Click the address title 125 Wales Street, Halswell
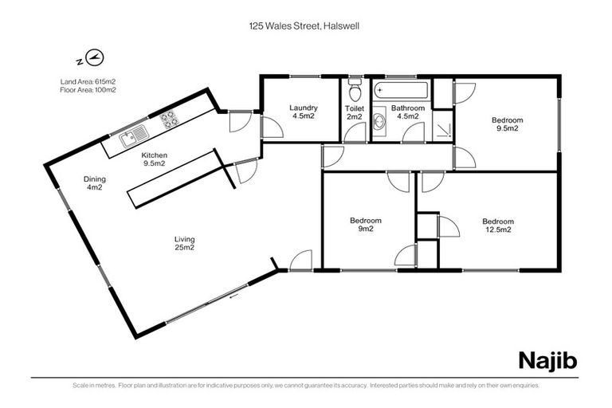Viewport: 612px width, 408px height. (305, 25)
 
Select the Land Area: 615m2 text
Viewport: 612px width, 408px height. (88, 80)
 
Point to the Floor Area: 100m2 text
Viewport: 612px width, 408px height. (88, 89)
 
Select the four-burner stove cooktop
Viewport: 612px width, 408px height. (169, 120)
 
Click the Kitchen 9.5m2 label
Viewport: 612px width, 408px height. (153, 159)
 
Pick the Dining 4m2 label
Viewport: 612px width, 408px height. (94, 184)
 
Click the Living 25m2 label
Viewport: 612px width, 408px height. (185, 243)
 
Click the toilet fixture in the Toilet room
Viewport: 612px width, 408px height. (355, 85)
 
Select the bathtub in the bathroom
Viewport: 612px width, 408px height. (402, 90)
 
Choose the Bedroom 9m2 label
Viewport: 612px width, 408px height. (366, 225)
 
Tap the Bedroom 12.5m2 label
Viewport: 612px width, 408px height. (497, 225)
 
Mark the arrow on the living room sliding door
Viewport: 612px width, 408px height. (232, 296)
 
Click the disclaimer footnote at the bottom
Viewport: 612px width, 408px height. (305, 385)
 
